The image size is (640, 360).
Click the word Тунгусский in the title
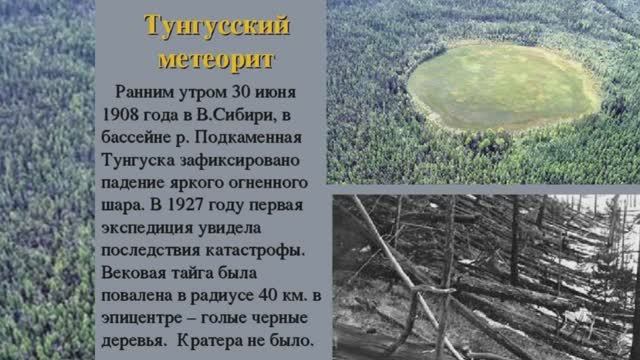click(x=217, y=25)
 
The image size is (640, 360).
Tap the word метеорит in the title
click(x=217, y=59)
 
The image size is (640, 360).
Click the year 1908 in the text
click(x=122, y=113)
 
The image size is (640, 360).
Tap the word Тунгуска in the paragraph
click(x=139, y=159)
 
